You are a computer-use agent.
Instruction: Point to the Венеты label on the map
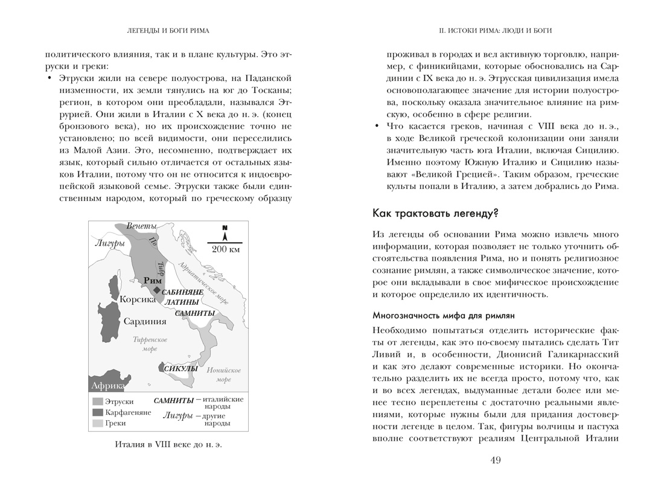[x=141, y=226]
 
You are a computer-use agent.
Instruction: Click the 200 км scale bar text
[x=226, y=249]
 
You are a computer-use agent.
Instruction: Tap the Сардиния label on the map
[x=145, y=321]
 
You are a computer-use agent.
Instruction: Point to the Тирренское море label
[x=150, y=345]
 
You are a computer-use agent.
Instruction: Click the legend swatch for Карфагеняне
[x=97, y=412]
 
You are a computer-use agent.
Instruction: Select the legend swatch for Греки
[x=97, y=424]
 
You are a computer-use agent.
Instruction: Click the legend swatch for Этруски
[x=97, y=401]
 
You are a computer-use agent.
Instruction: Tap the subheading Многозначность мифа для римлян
[x=443, y=316]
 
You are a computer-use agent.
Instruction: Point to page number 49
[x=495, y=461]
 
